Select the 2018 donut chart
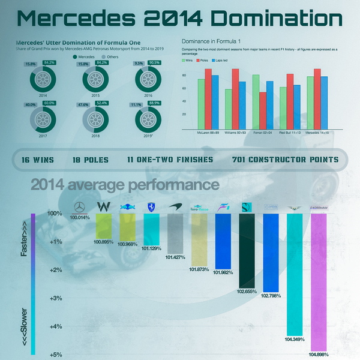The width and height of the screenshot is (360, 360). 93,119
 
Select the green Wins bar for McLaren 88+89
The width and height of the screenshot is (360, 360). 202,103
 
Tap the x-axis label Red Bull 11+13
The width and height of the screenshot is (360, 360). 290,131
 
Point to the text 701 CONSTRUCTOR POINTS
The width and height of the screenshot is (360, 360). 285,160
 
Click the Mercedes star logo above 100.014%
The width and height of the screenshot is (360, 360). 78,208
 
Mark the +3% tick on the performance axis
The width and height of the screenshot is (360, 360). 55,298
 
